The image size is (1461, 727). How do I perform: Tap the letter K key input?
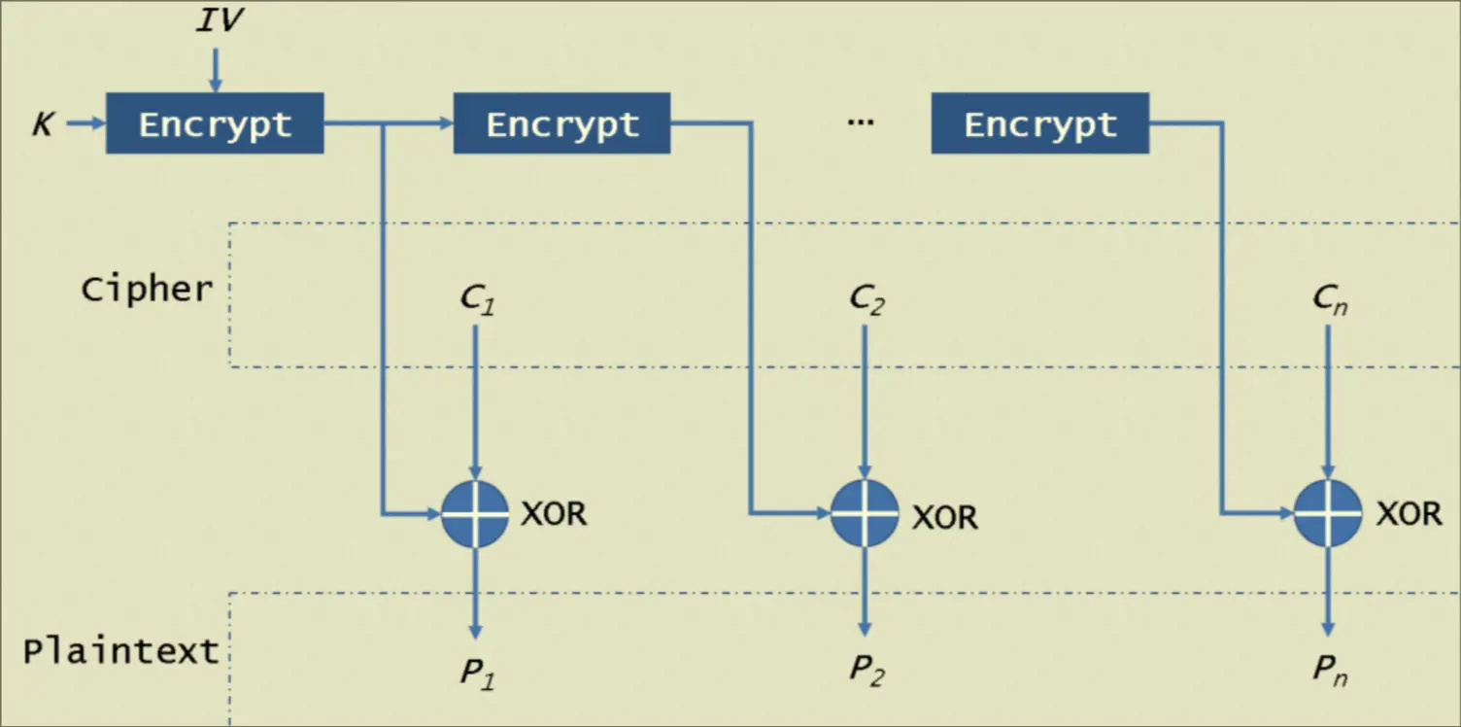click(43, 124)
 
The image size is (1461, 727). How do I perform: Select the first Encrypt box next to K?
click(215, 123)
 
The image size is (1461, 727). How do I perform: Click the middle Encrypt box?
click(561, 123)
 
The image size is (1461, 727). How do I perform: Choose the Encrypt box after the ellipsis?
click(1039, 123)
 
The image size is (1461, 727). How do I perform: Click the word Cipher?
click(147, 289)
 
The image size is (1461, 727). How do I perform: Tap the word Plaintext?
click(121, 650)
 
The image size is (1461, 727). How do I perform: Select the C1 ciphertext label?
click(477, 298)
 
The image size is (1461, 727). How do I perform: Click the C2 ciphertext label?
click(866, 298)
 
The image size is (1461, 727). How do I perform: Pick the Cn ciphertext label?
click(1330, 300)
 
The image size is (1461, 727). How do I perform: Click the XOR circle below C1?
click(475, 513)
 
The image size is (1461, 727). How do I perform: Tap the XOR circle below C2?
click(865, 513)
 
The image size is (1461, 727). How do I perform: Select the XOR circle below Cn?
click(1328, 513)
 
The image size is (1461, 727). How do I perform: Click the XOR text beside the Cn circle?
click(1409, 513)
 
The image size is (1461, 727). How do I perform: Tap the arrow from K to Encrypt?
click(84, 123)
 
